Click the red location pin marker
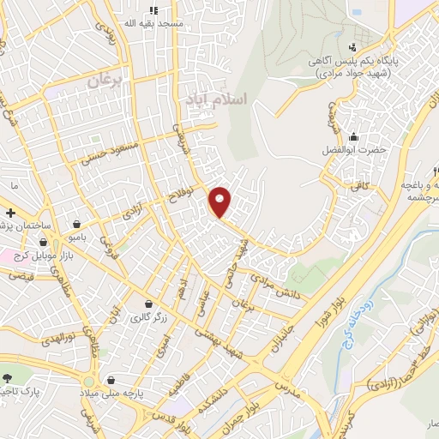(221, 202)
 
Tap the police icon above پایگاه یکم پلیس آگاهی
(353, 46)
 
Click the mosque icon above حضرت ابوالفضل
(353, 136)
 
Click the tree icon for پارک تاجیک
(8, 378)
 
